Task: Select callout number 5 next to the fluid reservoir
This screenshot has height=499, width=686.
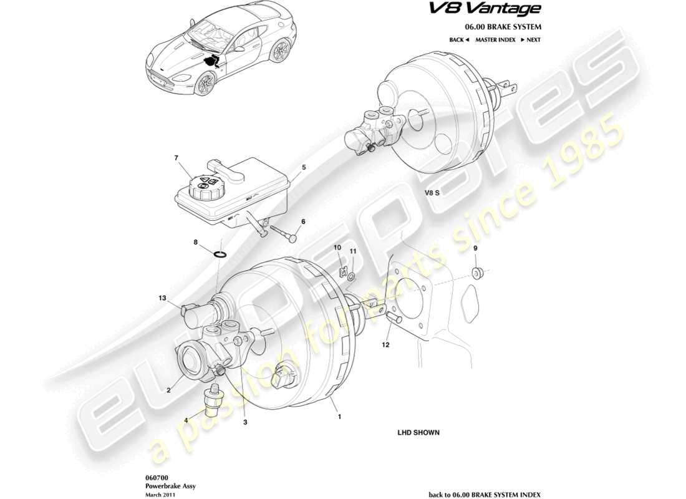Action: (304, 168)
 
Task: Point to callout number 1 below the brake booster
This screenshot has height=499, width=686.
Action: (340, 416)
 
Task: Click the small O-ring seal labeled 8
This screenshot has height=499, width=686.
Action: (220, 254)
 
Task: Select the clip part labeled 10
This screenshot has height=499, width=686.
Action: (342, 273)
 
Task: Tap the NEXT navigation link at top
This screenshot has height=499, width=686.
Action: (529, 40)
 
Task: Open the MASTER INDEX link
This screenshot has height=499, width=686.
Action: (495, 40)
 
